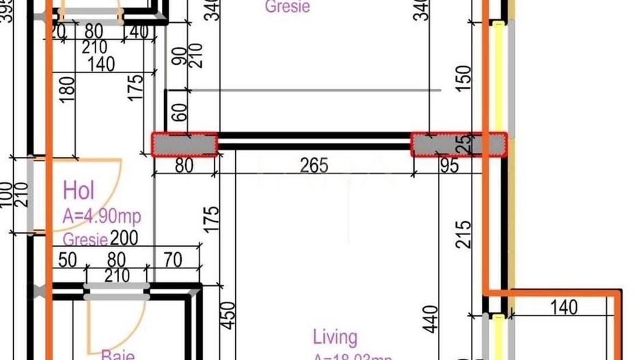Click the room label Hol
tap(78, 190)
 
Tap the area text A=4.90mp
tap(102, 217)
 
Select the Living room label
tap(335, 337)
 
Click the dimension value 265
tap(314, 165)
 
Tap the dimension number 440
tap(431, 319)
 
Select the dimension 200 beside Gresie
tap(124, 238)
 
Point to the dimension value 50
tap(68, 260)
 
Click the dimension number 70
tap(173, 260)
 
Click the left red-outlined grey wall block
tap(185, 145)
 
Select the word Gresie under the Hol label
tap(85, 240)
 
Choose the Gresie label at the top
tap(287, 7)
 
